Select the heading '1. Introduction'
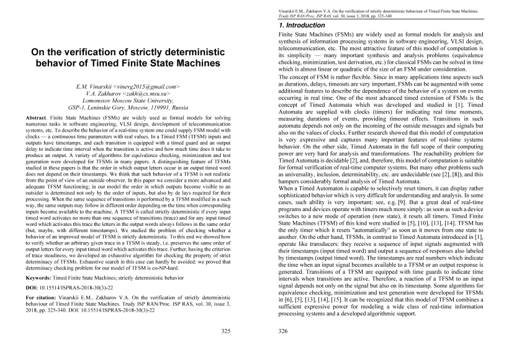tap(302, 25)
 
